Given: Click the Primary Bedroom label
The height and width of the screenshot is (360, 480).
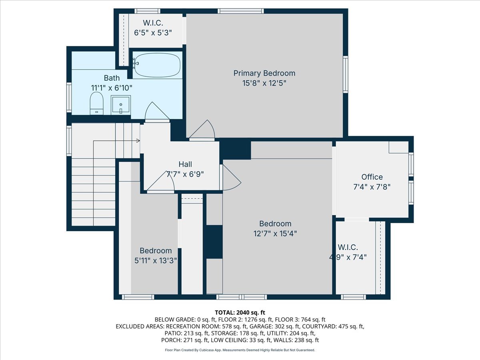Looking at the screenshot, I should point(264,73).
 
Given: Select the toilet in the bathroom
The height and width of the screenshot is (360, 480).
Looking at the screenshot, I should point(96,103).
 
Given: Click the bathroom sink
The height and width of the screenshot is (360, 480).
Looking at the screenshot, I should point(120,105).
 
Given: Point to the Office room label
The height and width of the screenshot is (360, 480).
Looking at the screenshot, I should point(372,177).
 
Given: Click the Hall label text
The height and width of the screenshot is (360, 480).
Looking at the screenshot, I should point(185,164).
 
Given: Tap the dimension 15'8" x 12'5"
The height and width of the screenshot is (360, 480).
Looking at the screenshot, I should point(264,84).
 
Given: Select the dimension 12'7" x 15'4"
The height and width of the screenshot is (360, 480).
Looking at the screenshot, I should point(275,234).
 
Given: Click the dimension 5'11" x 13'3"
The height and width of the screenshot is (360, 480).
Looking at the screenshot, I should point(156,260).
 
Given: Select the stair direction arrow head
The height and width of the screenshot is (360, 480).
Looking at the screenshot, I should point(138,141).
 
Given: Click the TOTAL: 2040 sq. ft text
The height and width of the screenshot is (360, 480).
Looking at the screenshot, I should point(240,312).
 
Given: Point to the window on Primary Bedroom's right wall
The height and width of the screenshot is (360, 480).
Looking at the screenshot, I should point(345,75).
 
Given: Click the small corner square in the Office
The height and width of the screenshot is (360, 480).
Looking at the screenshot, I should point(398,147).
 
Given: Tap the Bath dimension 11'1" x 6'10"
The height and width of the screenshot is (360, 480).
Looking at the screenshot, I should point(112,87).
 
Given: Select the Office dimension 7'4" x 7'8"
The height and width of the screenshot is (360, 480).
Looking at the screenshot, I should point(372,186).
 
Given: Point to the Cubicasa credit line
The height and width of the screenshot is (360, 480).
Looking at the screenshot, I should point(240,350).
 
